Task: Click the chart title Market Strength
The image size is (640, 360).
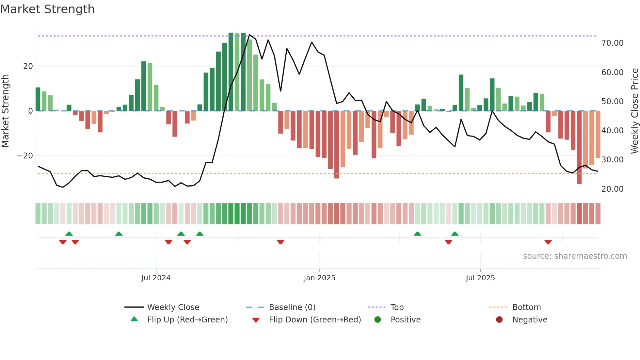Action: (47, 9)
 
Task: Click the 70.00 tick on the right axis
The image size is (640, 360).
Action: (612, 43)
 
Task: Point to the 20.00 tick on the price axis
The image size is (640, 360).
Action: (612, 189)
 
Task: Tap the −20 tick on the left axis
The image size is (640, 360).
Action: (25, 156)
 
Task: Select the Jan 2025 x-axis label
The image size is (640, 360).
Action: (319, 278)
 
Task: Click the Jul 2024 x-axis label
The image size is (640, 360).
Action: (156, 278)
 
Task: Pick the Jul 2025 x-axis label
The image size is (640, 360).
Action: (480, 278)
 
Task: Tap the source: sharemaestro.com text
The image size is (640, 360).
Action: (575, 256)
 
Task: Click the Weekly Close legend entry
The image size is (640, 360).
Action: (173, 307)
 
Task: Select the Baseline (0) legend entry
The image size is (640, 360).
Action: (292, 307)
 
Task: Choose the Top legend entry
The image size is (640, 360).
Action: (397, 307)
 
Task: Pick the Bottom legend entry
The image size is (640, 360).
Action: (526, 307)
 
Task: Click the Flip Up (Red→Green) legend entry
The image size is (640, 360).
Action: (187, 320)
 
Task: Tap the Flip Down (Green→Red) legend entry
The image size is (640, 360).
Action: (315, 320)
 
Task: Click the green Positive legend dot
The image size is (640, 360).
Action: (378, 320)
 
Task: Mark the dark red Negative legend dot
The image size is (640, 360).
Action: (499, 320)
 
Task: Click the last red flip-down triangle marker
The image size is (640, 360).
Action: (548, 242)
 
